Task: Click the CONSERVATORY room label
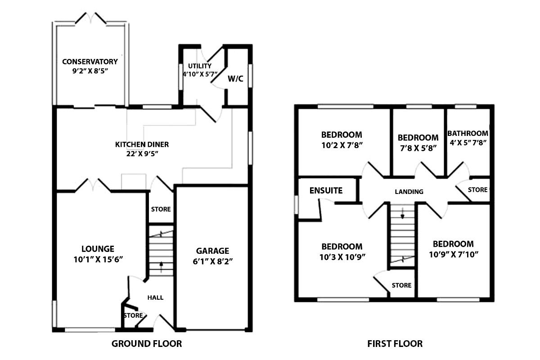pos(90,62)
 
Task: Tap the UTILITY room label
pos(197,66)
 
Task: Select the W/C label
pos(235,79)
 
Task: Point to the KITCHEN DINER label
pos(142,144)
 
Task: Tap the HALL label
pos(156,297)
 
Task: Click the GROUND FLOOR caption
pos(147,344)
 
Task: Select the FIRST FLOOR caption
pos(395,344)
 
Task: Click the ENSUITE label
pos(326,190)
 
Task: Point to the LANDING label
pos(409,192)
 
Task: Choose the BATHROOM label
pos(468,133)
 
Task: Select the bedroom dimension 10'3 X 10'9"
pos(342,257)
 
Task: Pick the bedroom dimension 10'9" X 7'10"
pos(453,254)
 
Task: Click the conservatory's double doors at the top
pos(92,19)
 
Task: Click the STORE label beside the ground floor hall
pos(133,315)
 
